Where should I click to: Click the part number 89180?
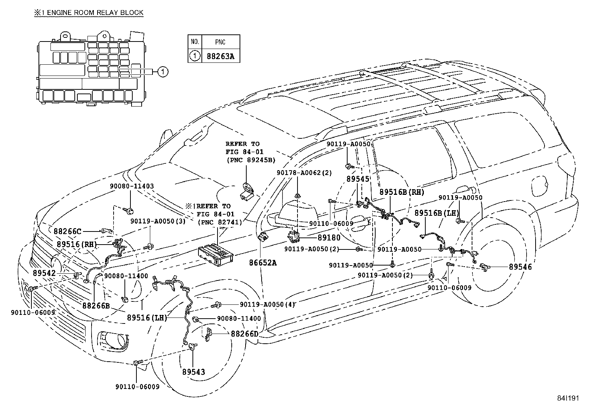[329, 238]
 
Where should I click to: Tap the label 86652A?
[263, 263]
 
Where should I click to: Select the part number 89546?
[520, 267]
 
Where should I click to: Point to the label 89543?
[194, 372]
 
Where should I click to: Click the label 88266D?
[244, 334]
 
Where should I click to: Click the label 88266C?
[67, 231]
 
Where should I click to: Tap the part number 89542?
[44, 273]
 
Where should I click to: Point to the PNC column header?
[221, 42]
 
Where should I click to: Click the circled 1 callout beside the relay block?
[163, 71]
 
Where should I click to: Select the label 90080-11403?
[132, 186]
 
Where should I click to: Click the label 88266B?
[96, 306]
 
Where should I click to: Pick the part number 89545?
[358, 179]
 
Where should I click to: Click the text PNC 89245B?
[251, 160]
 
